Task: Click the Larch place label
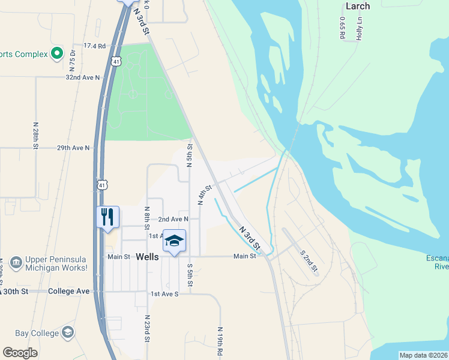(x=358, y=7)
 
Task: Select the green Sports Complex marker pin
(x=57, y=54)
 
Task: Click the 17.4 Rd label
(x=94, y=46)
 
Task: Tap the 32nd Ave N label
(x=82, y=78)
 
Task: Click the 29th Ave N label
(x=73, y=148)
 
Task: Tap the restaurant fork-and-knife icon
(x=108, y=217)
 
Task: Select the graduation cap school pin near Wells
(x=174, y=241)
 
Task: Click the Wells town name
(x=147, y=256)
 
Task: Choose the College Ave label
(x=74, y=291)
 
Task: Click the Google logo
(x=20, y=353)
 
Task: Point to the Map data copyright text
(x=424, y=355)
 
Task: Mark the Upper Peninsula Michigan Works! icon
(x=16, y=262)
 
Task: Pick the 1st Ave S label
(x=164, y=294)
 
